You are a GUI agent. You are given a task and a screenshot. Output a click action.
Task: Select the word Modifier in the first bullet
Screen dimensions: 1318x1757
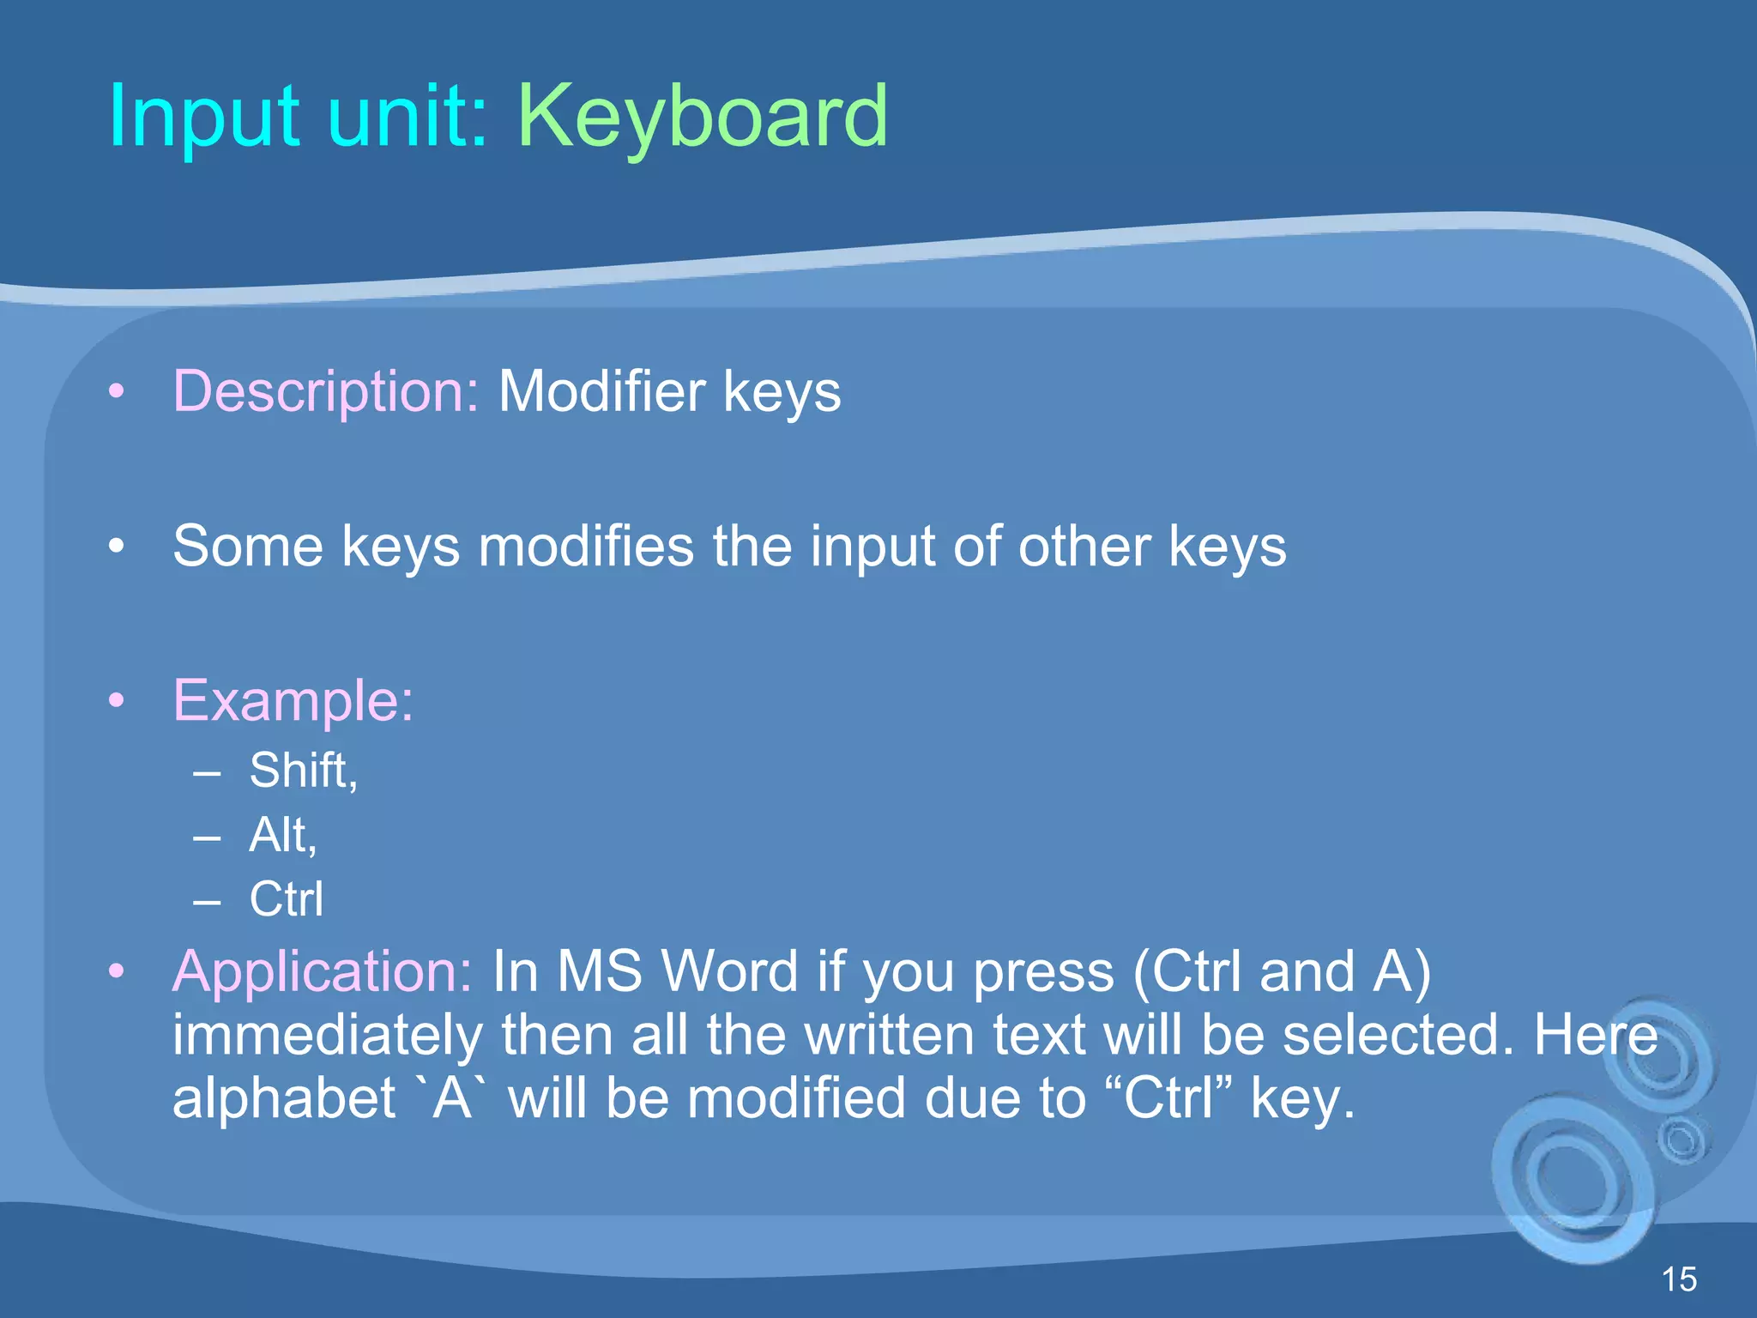pos(601,391)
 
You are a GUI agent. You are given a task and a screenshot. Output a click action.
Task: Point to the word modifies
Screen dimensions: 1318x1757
pos(586,547)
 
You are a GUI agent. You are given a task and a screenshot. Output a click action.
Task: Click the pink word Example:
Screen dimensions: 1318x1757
pos(293,701)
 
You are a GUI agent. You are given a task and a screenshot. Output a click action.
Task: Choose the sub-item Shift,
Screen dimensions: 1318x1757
pos(303,770)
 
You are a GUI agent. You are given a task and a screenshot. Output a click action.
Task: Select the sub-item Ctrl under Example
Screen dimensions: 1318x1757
pos(287,899)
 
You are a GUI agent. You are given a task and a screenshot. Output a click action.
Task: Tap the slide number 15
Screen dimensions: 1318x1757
pos(1679,1279)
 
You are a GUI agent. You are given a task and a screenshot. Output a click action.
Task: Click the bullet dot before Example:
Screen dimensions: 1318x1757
pos(117,701)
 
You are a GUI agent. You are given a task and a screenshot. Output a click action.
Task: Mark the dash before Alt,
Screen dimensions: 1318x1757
pos(207,836)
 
